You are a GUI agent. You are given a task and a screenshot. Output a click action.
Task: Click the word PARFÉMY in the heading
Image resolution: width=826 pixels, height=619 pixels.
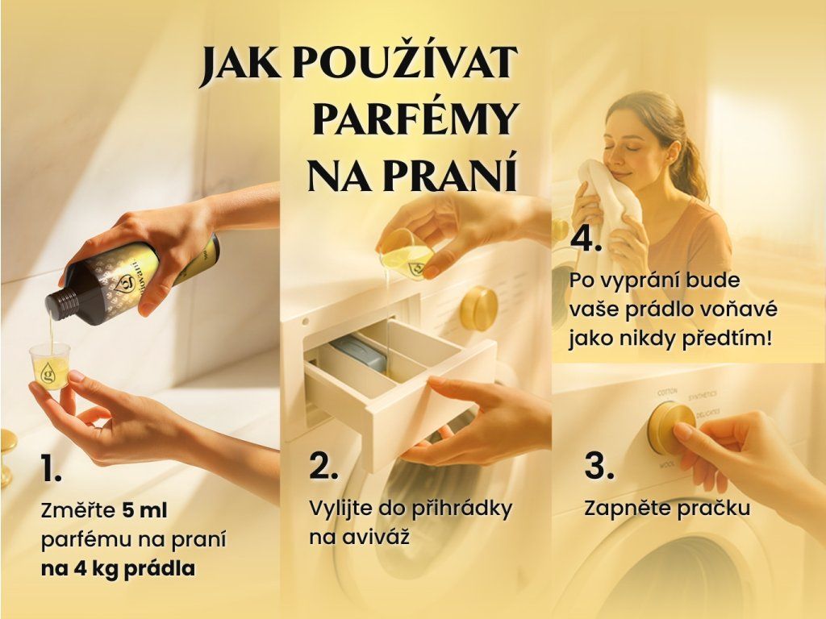[x=415, y=119]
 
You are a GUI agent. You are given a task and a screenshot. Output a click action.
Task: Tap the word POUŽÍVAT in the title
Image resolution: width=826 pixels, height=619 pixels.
[x=404, y=63]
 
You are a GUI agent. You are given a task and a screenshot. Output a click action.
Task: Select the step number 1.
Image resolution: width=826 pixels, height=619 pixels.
[x=51, y=469]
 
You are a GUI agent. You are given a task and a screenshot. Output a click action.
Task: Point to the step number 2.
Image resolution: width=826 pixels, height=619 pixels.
[x=323, y=465]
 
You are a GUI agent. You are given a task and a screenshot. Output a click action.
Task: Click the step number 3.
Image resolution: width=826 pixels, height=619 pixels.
[x=599, y=465]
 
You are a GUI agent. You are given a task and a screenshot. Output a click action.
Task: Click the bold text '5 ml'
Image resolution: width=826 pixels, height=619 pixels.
[x=144, y=510]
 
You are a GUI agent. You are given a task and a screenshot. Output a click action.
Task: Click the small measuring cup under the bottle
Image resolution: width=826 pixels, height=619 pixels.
[x=49, y=366]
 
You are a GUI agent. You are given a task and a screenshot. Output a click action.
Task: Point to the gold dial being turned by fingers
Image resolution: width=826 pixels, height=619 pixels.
[x=670, y=427]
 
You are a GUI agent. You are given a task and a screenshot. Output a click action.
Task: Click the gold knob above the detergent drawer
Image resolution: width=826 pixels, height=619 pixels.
[x=478, y=309]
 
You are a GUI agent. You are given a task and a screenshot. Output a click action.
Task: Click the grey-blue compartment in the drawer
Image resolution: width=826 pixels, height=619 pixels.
[x=358, y=353]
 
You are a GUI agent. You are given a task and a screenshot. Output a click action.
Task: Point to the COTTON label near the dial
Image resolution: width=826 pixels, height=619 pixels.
[x=667, y=393]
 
